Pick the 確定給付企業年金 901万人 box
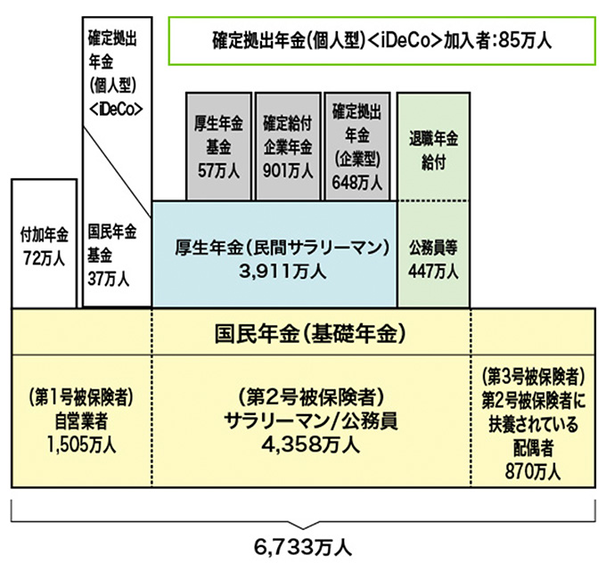click(x=287, y=144)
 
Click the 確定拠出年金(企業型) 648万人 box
click(x=357, y=144)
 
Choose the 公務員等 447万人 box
click(x=433, y=255)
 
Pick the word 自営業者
click(x=81, y=420)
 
